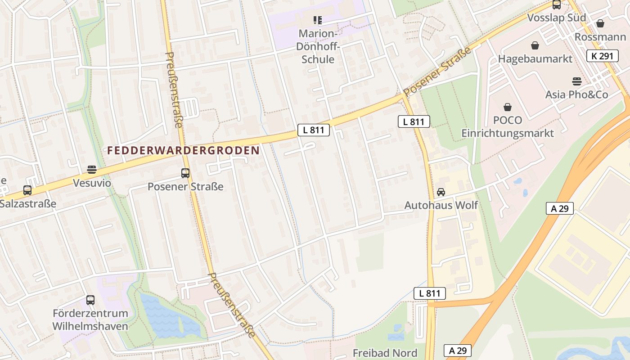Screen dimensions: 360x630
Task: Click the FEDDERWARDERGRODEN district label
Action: tap(184, 151)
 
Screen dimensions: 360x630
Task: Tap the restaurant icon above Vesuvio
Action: tap(92, 170)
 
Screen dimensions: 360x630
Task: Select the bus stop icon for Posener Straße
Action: tap(185, 173)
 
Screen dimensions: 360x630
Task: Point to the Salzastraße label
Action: tap(28, 203)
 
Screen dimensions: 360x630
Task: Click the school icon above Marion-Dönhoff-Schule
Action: tap(318, 20)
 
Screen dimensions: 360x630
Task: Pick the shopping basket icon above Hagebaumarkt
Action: tap(535, 45)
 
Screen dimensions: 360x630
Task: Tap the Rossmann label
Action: tap(600, 37)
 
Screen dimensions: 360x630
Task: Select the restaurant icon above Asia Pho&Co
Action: tap(577, 81)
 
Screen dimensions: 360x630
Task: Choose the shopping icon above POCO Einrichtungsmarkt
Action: tap(508, 107)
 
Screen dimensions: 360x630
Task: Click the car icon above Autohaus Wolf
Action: tap(441, 192)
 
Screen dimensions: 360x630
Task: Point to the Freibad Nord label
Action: tap(385, 353)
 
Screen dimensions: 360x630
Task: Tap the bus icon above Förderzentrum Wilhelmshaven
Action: tap(90, 300)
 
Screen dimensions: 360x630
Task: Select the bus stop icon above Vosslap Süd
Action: tap(557, 5)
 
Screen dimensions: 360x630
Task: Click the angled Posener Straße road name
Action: tap(437, 72)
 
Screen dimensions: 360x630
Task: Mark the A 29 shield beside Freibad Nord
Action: tap(458, 350)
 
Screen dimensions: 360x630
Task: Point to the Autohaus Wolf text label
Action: tap(441, 205)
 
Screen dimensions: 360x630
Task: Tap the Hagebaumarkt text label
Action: tap(535, 58)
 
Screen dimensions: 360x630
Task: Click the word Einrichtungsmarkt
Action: tap(508, 133)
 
